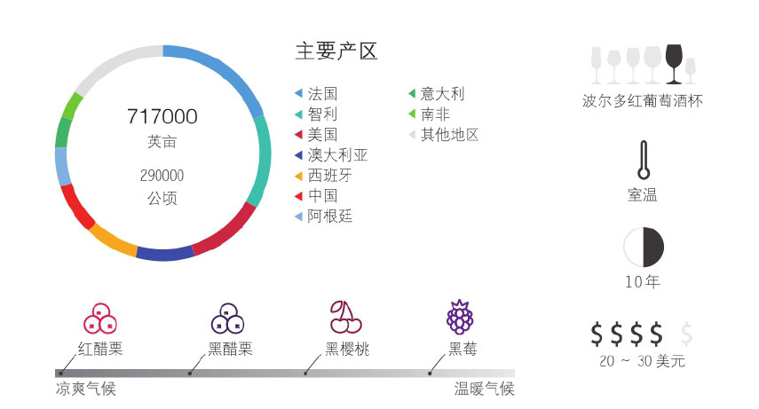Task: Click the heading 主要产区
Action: (336, 51)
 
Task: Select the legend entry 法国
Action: (322, 93)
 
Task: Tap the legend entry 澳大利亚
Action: (337, 155)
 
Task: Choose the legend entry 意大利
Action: (442, 93)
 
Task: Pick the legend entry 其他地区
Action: (449, 135)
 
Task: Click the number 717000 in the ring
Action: (162, 117)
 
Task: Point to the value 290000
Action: (162, 176)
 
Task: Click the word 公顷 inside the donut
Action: (162, 198)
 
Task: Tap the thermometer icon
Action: (643, 160)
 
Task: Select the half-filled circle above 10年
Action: (644, 247)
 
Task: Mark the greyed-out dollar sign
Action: (685, 334)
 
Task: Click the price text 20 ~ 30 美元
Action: (642, 361)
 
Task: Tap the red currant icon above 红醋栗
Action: (99, 318)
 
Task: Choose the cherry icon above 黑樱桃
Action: (344, 317)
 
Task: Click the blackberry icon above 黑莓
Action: (460, 316)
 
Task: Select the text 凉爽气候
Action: (86, 389)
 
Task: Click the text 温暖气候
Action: (484, 389)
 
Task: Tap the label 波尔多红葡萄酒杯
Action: (642, 101)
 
